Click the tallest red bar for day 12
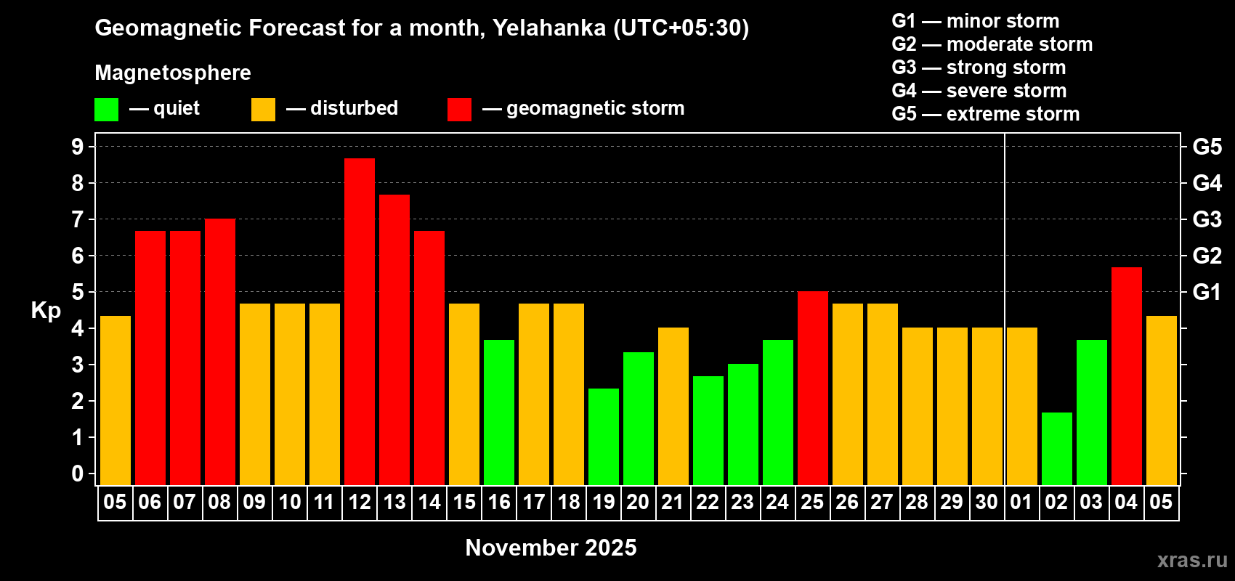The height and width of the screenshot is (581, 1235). coord(360,322)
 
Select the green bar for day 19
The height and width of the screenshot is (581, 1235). coord(604,436)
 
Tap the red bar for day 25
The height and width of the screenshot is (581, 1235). coord(813,388)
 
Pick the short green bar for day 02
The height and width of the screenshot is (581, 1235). coord(1057,449)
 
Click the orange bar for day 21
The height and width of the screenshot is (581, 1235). coord(673,406)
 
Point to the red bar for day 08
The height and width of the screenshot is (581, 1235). coord(220,352)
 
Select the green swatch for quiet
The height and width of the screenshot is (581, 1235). coord(106,109)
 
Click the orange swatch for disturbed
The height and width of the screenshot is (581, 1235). coord(263,109)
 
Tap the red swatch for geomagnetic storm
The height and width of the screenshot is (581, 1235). coord(459,109)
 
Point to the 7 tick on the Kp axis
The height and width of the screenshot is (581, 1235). coord(77,219)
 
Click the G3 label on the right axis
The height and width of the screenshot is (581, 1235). coord(1207,219)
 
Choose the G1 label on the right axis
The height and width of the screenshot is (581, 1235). coord(1207,292)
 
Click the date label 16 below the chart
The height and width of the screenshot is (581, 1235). coord(499,502)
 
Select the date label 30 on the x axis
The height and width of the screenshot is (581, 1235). coord(987,502)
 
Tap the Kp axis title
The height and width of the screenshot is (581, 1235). coord(46,311)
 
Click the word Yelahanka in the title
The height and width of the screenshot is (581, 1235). coord(549,28)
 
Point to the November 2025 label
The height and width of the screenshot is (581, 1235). coord(551,548)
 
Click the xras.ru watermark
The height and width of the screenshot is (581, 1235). coord(1192,560)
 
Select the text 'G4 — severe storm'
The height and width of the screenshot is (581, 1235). coord(979,90)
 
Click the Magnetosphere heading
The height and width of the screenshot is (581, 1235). coord(173,73)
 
